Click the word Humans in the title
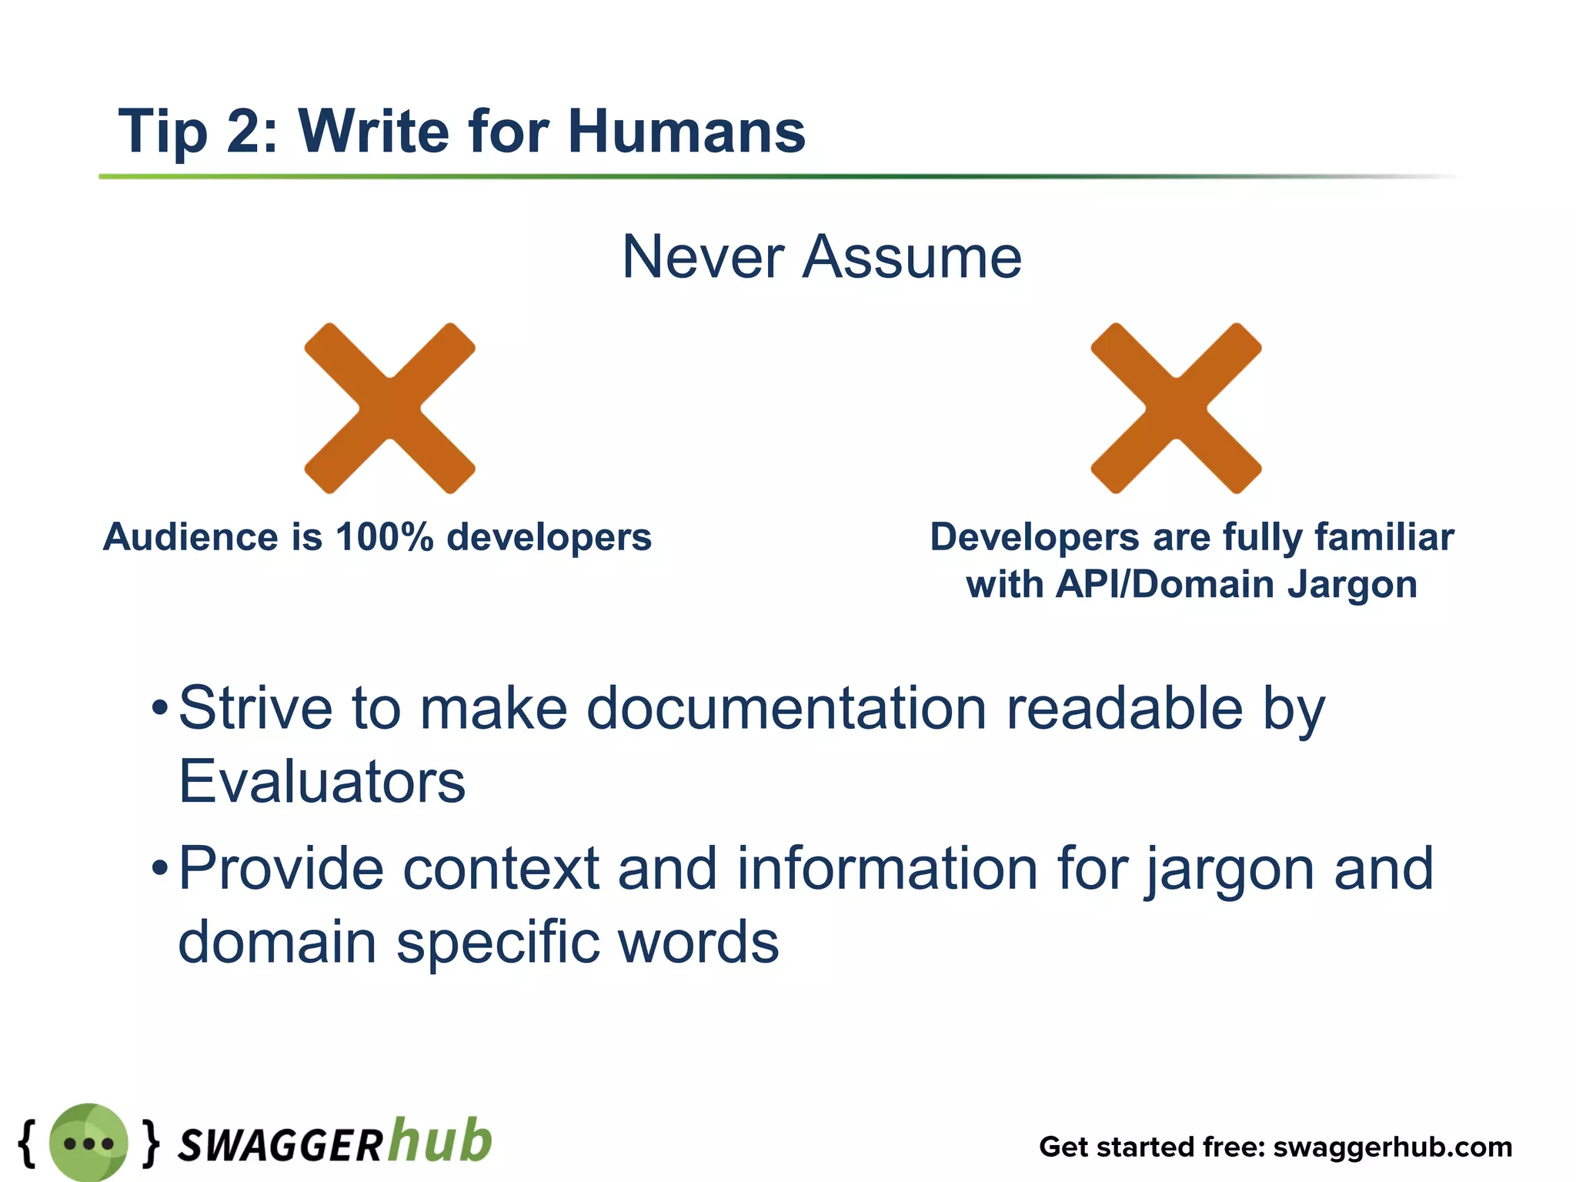(686, 131)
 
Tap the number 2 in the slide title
(244, 131)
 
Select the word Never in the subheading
(703, 257)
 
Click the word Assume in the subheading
(912, 257)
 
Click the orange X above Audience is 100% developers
(389, 408)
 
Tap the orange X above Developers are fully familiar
(1176, 408)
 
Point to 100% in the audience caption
(385, 536)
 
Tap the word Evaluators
(322, 782)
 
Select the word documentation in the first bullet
(786, 708)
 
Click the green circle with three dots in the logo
(88, 1143)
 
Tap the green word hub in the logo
(440, 1140)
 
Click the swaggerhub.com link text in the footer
(1392, 1147)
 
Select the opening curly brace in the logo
(27, 1142)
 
